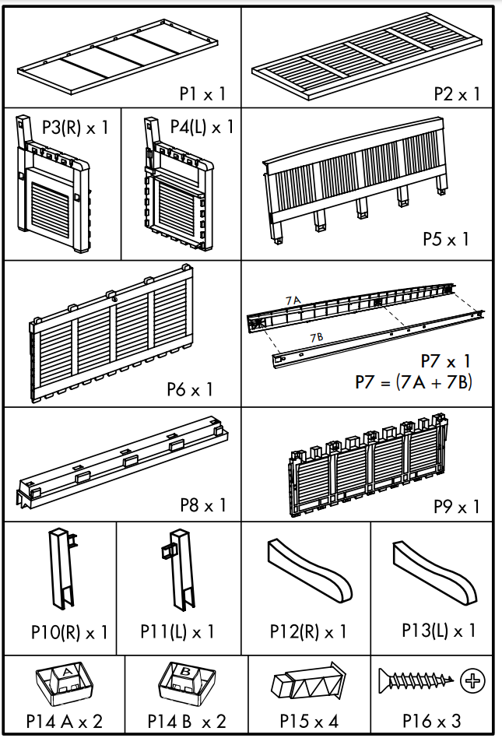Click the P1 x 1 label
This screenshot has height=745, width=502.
click(x=202, y=94)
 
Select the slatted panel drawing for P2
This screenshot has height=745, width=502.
click(x=367, y=58)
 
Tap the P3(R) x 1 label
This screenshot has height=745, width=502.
click(x=75, y=127)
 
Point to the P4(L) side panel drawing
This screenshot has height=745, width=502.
click(x=177, y=191)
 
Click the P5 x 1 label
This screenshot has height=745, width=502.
click(x=446, y=239)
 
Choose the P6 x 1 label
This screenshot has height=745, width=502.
click(x=189, y=389)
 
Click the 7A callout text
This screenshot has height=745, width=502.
click(x=293, y=300)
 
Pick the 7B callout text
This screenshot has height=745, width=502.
click(x=317, y=337)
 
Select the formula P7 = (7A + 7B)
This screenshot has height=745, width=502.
click(x=413, y=383)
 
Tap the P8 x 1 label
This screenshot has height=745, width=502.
click(x=202, y=505)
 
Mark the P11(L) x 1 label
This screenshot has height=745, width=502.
click(x=177, y=631)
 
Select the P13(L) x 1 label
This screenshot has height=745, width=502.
click(x=438, y=631)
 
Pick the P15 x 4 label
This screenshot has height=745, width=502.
click(x=309, y=722)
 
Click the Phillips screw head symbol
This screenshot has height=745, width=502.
click(x=472, y=681)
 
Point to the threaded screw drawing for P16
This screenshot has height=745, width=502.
click(x=416, y=680)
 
